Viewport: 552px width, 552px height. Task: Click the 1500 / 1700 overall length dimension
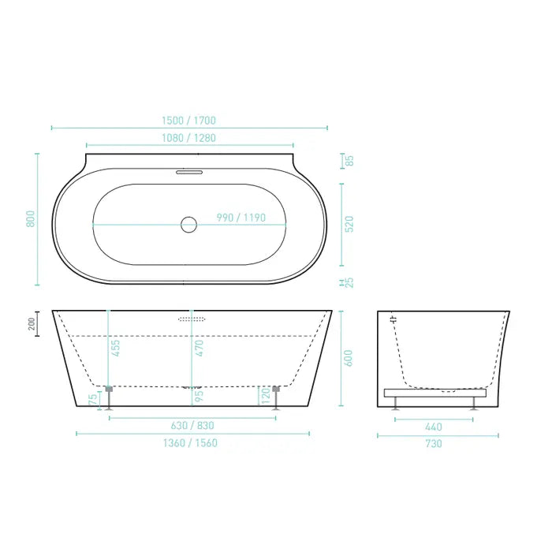click(188, 121)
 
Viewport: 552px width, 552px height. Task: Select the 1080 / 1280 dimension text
click(188, 138)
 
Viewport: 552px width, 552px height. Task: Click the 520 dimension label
click(349, 224)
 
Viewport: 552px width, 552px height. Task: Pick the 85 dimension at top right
click(349, 161)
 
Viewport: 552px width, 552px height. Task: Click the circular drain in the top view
click(188, 225)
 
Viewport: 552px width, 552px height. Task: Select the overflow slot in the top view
click(188, 171)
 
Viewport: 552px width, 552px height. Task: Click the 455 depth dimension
click(116, 348)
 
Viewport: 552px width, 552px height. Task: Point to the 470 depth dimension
click(200, 348)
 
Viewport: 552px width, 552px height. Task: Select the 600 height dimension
click(349, 358)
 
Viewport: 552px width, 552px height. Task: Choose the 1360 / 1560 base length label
click(193, 443)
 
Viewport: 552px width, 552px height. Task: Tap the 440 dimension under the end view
click(433, 427)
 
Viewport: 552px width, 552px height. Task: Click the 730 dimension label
click(433, 444)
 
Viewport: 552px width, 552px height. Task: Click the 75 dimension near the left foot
click(94, 400)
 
